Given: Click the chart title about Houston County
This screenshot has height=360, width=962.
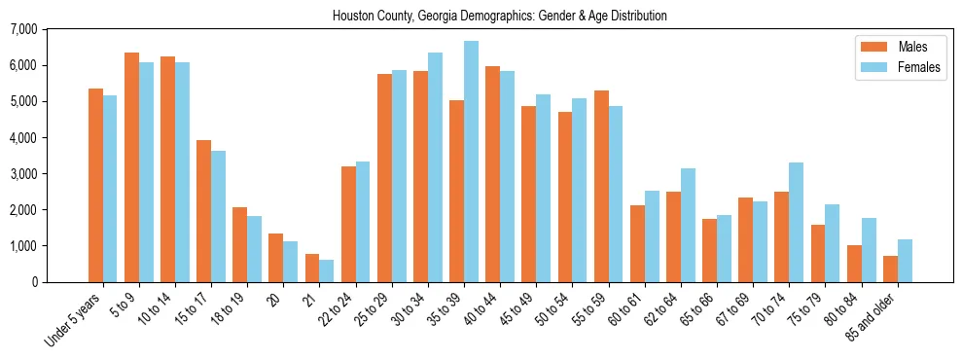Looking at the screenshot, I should (500, 17).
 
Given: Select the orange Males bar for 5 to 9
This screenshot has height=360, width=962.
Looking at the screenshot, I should (132, 167).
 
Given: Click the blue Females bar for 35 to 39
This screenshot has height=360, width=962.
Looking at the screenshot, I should (471, 162).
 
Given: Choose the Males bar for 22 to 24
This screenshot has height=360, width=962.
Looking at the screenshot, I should (348, 224).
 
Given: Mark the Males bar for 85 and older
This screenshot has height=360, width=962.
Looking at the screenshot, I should (890, 270).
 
